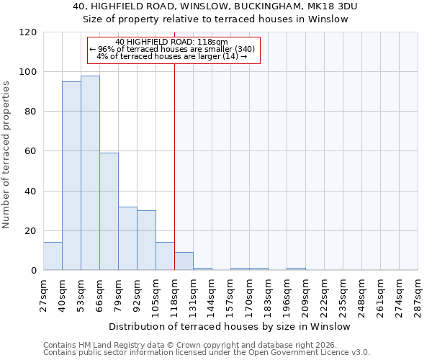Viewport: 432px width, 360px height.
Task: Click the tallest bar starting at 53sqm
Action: coord(90,173)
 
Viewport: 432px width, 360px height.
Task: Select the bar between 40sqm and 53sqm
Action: coord(71,176)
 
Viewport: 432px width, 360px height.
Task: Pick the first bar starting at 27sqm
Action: coord(53,256)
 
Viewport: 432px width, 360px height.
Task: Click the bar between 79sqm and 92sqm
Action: coord(127,238)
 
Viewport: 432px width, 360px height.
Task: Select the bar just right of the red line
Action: coord(184,261)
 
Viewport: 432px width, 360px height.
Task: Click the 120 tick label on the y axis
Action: coord(28,32)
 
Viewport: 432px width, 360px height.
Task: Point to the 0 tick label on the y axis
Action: coord(34,271)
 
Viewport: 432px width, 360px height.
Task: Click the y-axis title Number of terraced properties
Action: coord(7,154)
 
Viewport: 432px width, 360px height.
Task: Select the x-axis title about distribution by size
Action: coord(230,326)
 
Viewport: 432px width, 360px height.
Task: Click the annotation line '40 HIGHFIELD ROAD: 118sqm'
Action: coord(171,42)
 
